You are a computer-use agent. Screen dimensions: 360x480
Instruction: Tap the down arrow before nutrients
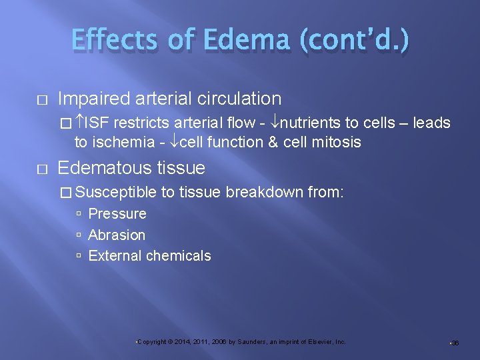[x=275, y=123]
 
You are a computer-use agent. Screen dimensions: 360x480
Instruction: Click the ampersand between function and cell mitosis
[x=273, y=142]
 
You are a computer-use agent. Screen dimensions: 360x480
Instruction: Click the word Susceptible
[x=116, y=193]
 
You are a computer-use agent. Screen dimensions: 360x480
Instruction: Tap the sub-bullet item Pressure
[x=117, y=214]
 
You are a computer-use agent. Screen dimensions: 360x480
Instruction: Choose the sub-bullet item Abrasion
[x=117, y=235]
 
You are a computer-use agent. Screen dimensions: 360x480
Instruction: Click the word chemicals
[x=180, y=255]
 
